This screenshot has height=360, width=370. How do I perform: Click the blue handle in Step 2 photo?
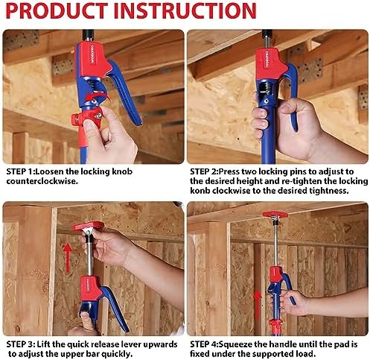tap(289, 89)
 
